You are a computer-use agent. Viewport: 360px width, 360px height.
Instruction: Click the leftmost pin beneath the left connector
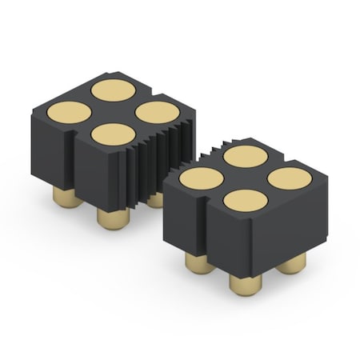click(x=65, y=195)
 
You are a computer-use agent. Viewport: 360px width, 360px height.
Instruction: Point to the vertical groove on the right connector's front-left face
click(x=201, y=220)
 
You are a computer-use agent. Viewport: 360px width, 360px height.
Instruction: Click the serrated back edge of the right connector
click(x=204, y=152)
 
